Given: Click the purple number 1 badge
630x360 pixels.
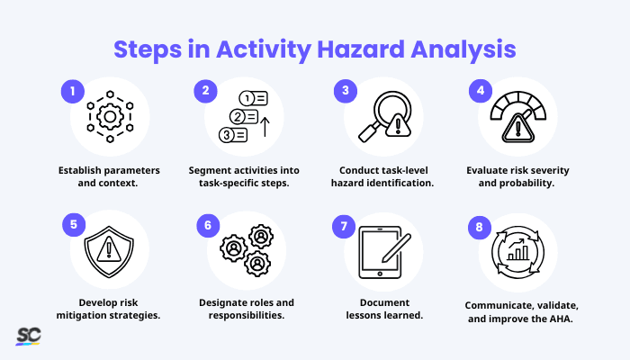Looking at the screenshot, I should (x=72, y=90).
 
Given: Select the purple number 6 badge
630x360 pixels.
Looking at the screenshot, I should (x=209, y=225).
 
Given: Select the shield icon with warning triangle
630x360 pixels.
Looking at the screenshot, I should (x=109, y=252).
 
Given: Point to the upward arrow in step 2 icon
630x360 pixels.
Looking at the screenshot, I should (x=267, y=128).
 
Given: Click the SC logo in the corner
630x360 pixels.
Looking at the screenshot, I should (x=28, y=336).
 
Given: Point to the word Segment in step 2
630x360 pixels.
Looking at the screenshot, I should (x=212, y=171).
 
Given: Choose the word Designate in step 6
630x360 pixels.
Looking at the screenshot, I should (x=220, y=302).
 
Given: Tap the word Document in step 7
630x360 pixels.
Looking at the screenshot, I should (x=383, y=302).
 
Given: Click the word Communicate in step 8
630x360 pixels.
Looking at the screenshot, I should (x=500, y=305).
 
